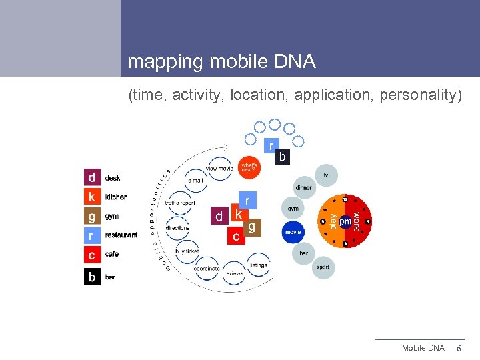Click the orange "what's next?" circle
coord(249,167)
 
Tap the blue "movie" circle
coord(293,232)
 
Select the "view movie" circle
coord(219,169)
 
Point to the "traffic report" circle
coord(180,203)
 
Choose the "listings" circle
coord(259,265)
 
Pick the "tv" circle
coord(325,175)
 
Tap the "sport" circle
coord(323,267)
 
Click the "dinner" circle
coord(303,188)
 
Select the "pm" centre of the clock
coord(345,221)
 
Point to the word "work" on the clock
coord(357,221)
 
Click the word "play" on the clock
coord(333,221)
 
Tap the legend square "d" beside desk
coord(92,178)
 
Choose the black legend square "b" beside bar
coord(92,277)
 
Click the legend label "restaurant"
coord(121,235)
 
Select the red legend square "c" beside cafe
coord(92,255)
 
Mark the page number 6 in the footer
coord(457,348)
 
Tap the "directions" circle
coord(178,227)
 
